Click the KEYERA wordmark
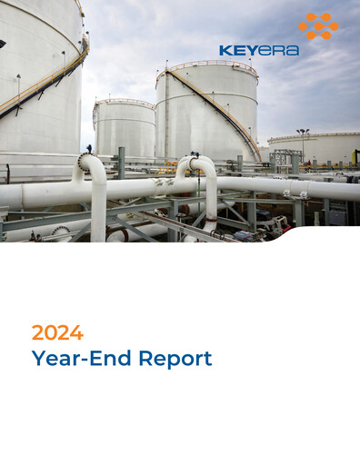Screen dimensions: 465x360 [x=258, y=51]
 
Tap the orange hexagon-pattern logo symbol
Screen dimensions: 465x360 [x=317, y=25]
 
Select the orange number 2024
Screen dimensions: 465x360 [x=57, y=331]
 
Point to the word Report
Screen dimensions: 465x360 [x=175, y=358]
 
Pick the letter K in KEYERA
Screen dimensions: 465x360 [x=225, y=51]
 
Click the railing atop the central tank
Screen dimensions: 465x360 [x=206, y=64]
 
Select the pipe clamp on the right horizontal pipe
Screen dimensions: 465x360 [x=290, y=193]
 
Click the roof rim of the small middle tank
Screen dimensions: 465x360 [x=123, y=102]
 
